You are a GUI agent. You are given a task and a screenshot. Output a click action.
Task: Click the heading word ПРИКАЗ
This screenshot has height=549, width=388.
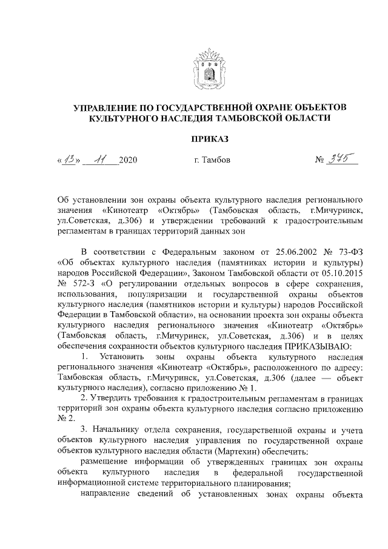tap(210, 140)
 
